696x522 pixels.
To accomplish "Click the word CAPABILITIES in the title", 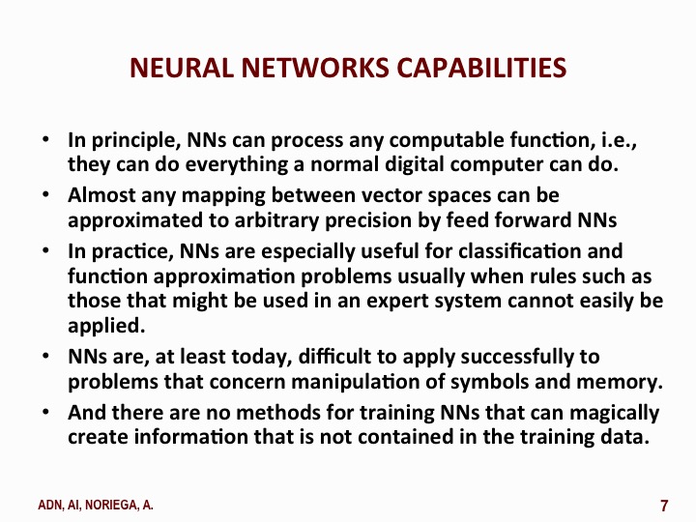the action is [481, 68].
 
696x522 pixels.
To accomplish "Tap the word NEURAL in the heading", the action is [181, 68].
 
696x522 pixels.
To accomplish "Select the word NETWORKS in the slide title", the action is [315, 68].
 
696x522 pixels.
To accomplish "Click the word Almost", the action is [101, 195].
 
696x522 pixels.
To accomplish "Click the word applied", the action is [106, 327].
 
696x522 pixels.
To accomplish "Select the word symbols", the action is [489, 382].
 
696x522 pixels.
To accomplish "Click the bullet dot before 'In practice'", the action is [45, 250].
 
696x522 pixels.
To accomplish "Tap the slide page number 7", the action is [664, 506].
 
